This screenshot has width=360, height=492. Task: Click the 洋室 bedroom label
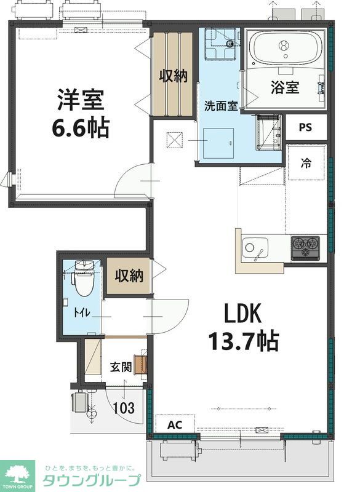81,100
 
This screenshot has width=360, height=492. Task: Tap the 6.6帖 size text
81,128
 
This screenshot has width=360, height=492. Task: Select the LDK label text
242,314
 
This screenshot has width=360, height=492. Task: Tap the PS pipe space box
306,127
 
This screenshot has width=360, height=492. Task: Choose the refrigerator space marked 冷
306,163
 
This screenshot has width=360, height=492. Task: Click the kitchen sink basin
255,248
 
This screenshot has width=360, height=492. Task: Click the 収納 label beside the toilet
129,276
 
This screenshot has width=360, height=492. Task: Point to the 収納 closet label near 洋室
173,76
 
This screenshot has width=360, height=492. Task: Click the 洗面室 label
221,106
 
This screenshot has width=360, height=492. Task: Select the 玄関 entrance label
120,367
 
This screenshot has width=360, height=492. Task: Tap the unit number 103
124,408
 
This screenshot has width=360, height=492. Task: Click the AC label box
175,424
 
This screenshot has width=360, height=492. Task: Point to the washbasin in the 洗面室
268,132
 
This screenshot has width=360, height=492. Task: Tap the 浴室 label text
285,87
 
